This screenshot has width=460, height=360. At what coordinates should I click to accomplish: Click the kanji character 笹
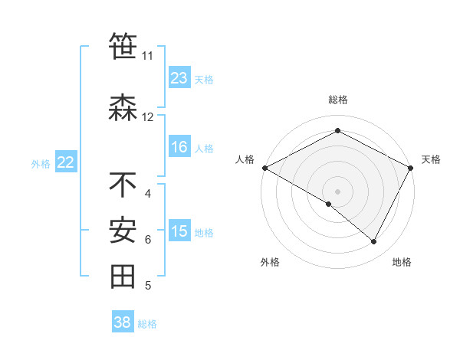click(x=123, y=47)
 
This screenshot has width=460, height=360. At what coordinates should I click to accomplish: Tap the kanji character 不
click(x=123, y=185)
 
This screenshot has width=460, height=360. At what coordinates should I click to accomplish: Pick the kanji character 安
click(x=123, y=231)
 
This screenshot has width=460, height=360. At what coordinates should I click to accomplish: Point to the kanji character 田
click(x=123, y=277)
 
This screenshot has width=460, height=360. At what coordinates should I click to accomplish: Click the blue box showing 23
click(x=179, y=78)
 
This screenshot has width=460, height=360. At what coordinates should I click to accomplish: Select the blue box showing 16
click(x=179, y=148)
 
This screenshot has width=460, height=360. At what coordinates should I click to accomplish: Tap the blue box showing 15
click(x=179, y=232)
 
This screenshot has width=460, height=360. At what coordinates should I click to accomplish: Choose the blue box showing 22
click(x=66, y=162)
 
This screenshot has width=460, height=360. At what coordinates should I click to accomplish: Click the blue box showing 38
click(x=123, y=322)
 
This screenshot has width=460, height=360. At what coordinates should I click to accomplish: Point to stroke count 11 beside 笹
click(x=147, y=56)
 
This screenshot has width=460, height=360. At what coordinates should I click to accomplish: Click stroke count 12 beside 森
click(x=147, y=117)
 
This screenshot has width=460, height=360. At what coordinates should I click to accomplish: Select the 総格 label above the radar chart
click(x=337, y=100)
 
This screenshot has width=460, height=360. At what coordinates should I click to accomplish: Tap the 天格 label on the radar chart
click(x=431, y=159)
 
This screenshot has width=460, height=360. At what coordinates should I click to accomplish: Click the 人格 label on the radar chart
click(x=245, y=159)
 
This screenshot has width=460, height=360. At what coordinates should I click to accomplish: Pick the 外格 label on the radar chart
click(x=270, y=262)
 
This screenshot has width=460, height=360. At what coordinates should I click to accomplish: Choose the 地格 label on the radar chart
click(x=402, y=262)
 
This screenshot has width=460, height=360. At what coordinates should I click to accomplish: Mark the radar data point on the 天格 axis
click(x=411, y=167)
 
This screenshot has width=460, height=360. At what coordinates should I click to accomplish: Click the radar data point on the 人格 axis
click(x=264, y=167)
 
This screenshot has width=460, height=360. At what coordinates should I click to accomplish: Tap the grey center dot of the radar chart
click(x=337, y=191)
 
